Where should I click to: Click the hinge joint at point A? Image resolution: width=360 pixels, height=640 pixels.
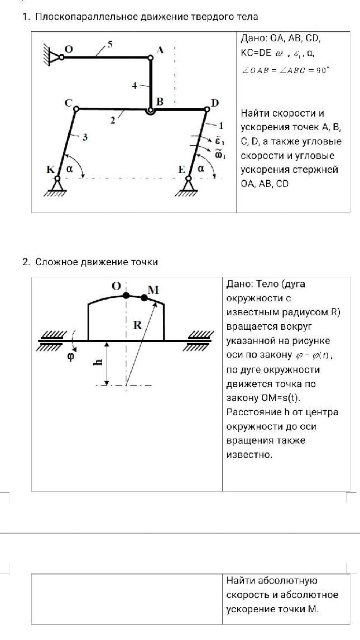pyautogui.click(x=151, y=57)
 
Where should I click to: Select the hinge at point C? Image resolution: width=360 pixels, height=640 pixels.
pyautogui.click(x=76, y=109)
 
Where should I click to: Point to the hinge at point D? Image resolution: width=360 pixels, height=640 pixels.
pyautogui.click(x=207, y=109)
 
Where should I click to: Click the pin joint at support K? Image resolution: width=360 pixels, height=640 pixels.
pyautogui.click(x=57, y=178)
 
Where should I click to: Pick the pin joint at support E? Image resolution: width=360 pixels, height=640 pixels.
pyautogui.click(x=189, y=178)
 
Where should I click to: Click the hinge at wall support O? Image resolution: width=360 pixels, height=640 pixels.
pyautogui.click(x=61, y=57)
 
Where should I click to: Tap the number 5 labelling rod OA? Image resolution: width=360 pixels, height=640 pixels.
pyautogui.click(x=110, y=44)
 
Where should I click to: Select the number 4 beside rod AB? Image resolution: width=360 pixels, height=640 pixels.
pyautogui.click(x=135, y=86)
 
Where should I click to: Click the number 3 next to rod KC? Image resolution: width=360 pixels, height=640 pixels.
pyautogui.click(x=85, y=138)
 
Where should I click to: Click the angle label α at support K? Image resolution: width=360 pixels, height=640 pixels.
pyautogui.click(x=69, y=169)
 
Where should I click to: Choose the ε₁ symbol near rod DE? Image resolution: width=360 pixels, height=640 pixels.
pyautogui.click(x=220, y=141)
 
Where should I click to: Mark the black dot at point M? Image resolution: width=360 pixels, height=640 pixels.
pyautogui.click(x=144, y=297)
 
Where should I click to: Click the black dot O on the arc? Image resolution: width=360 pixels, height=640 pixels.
pyautogui.click(x=126, y=295)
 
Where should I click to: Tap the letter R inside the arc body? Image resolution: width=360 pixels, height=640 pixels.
pyautogui.click(x=137, y=326)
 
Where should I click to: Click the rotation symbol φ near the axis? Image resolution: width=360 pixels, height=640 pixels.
pyautogui.click(x=71, y=357)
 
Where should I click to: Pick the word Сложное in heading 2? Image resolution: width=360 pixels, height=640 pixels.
pyautogui.click(x=56, y=262)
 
